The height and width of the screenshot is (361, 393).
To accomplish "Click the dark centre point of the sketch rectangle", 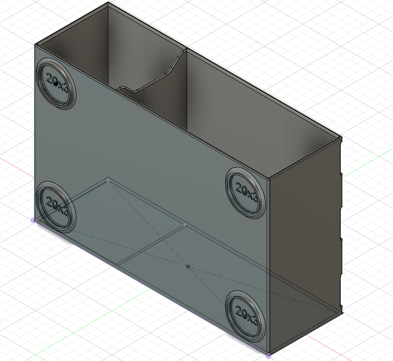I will (188, 267).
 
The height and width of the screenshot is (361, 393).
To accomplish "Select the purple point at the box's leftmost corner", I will (33, 220).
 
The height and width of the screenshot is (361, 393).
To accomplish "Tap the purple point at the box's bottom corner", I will (268, 356).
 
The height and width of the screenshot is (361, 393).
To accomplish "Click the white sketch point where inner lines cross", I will (184, 225).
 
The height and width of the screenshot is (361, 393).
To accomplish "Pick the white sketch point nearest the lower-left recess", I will (108, 180).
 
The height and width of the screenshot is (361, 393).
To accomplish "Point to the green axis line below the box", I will (71, 320).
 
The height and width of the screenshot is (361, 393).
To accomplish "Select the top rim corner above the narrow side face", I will (340, 138).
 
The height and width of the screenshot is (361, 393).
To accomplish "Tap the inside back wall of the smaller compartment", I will (141, 47).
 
